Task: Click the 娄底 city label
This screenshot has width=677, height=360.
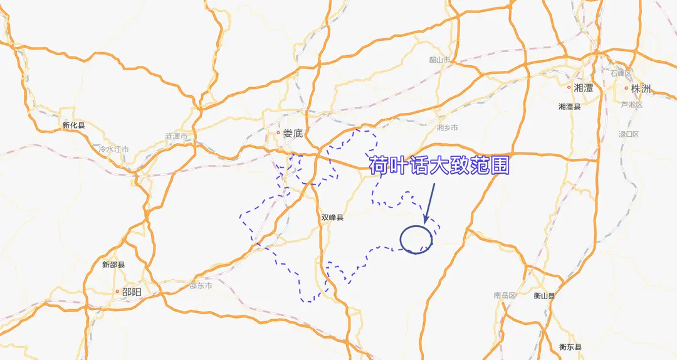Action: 293,133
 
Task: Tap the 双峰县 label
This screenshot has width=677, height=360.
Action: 333,218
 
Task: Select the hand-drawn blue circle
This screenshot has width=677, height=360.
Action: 416,239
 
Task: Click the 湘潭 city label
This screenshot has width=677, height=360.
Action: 584,88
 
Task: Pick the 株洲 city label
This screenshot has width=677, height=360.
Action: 641,88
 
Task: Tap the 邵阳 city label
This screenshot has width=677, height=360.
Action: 132,292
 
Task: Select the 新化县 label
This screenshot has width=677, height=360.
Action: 73,125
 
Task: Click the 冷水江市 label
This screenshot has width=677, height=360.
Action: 113,149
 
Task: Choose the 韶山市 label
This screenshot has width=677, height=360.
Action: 440,60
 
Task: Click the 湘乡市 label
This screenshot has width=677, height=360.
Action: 447,127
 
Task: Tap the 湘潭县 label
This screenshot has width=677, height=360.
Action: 569,107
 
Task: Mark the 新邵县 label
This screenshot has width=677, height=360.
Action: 113,265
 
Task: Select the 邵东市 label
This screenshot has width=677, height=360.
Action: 201,285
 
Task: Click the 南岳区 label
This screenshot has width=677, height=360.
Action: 504,295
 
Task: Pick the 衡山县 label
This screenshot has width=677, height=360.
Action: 544,295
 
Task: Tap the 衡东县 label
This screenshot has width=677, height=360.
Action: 570,347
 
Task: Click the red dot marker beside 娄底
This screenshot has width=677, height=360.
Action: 278,132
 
